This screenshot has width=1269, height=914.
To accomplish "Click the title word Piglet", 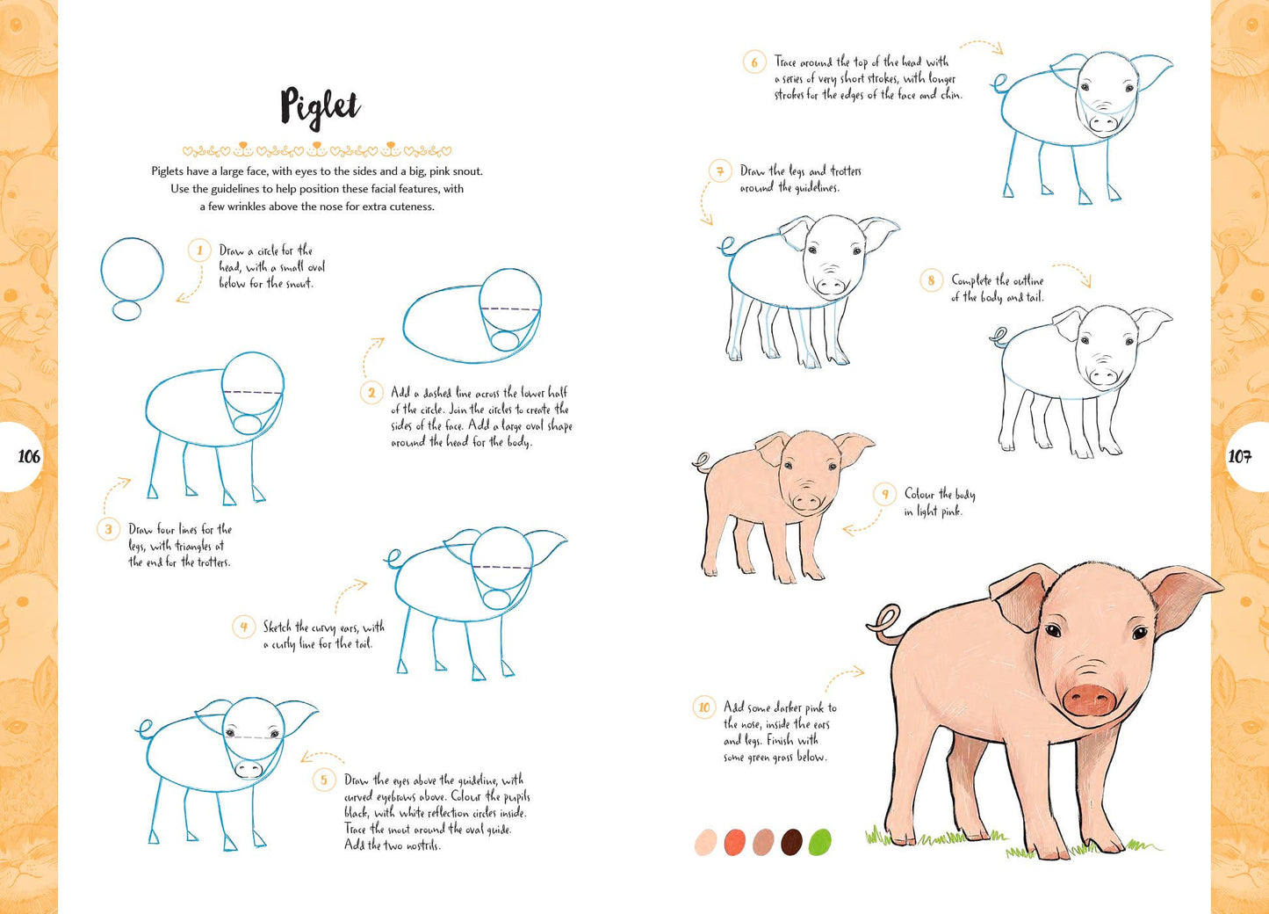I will click(320, 107).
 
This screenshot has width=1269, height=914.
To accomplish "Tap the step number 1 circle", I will click(199, 250).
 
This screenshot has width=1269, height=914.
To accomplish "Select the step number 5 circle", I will click(323, 780).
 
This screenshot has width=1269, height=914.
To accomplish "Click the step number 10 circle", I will click(703, 707).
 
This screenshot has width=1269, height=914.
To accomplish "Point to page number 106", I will click(28, 456).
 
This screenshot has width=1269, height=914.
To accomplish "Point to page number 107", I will click(1239, 456).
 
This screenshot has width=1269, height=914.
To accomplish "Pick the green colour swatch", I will click(819, 842).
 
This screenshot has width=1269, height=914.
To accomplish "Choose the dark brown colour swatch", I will click(791, 842).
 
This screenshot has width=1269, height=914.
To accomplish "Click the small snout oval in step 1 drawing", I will click(127, 310).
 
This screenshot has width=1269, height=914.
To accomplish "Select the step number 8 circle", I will click(931, 280).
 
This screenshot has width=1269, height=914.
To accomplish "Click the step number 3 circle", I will click(108, 529).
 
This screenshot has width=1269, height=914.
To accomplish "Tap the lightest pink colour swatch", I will click(706, 842).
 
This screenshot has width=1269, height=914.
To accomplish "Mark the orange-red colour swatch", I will click(734, 842).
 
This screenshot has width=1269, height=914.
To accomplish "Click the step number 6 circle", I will click(753, 62).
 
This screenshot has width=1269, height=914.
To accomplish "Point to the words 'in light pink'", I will click(933, 511).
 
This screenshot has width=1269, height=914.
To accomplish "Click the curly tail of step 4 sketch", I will click(393, 558).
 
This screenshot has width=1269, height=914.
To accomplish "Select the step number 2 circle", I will click(371, 392).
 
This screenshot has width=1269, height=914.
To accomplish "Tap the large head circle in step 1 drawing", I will click(133, 269).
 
